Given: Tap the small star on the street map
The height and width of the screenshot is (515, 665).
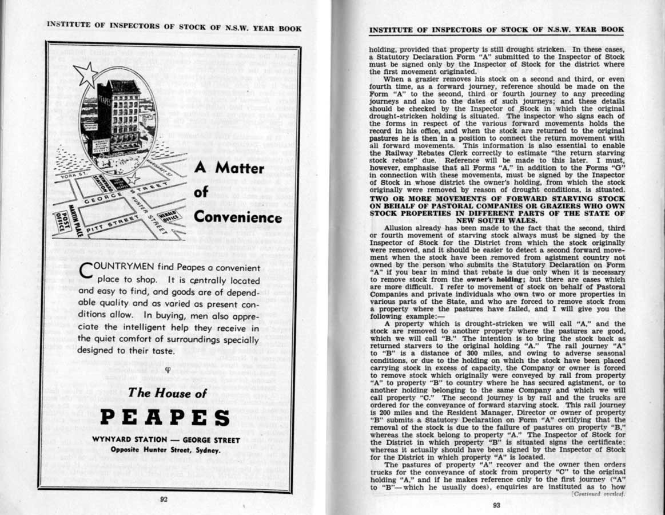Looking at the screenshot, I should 133,179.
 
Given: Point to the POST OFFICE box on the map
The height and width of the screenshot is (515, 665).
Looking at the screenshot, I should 62,218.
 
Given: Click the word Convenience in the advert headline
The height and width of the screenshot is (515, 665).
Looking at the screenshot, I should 238,217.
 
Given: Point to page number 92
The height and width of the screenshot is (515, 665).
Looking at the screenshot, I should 164,499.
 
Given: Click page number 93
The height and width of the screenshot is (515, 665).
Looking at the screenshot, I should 496,505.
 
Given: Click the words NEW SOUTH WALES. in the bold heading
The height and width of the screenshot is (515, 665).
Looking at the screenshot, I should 497,219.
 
